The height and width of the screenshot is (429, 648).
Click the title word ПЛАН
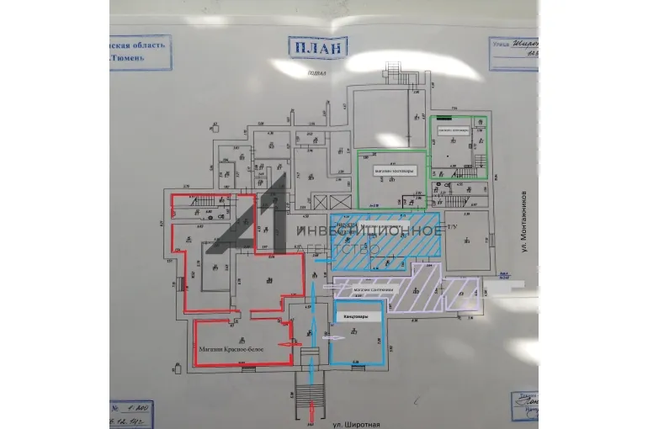click(316, 47)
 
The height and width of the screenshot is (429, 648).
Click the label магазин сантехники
click(373, 290)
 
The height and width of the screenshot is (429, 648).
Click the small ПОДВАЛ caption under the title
click(316, 73)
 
